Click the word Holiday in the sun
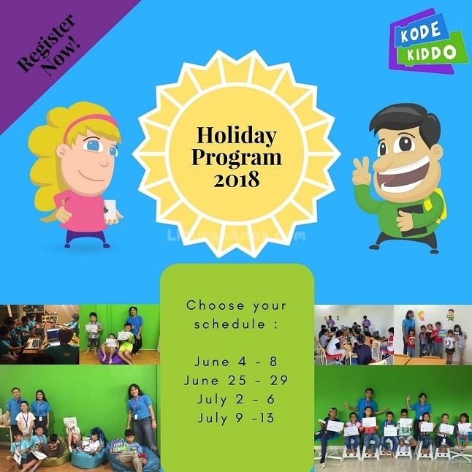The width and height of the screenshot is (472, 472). pos(236,137)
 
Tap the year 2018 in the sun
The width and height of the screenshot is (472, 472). pos(236,180)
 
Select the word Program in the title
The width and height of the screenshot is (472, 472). pos(236,158)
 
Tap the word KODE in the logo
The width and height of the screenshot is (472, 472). pos(419,34)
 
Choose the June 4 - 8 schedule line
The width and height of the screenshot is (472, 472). pos(236,362)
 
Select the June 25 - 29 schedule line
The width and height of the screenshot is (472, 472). pos(236,381)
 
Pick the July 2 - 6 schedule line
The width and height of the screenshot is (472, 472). pos(236,400)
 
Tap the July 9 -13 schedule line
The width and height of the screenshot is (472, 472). pos(236,419)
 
